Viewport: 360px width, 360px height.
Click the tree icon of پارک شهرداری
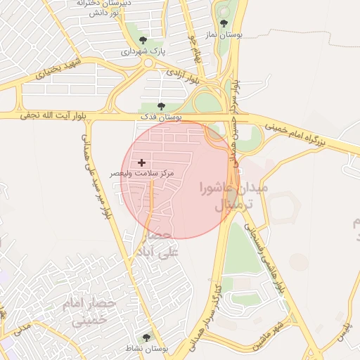click(x=144, y=40)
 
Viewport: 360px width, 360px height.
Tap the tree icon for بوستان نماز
click(x=224, y=24)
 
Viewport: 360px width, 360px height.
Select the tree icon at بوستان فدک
click(x=161, y=106)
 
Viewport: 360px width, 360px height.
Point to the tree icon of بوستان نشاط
click(x=146, y=338)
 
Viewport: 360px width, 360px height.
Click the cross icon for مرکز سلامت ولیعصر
click(x=142, y=162)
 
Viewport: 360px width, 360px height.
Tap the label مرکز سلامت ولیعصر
click(x=141, y=172)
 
